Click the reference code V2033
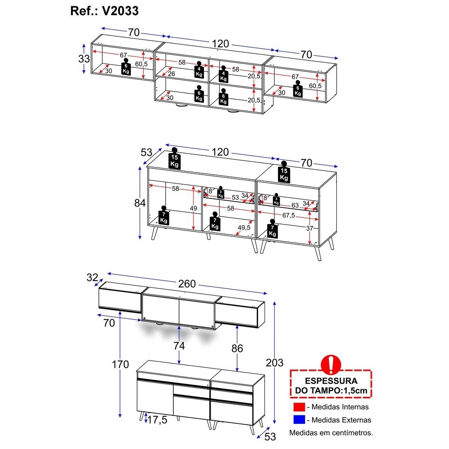(120, 11)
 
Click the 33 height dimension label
(84, 59)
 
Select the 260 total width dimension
(187, 284)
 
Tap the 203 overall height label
(274, 363)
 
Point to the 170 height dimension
(120, 365)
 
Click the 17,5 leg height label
(157, 420)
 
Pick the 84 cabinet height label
(140, 203)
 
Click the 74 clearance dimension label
(179, 346)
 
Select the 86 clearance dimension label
(237, 348)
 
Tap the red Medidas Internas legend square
(299, 407)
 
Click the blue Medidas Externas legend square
(299, 420)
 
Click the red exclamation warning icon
(331, 364)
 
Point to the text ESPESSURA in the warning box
(331, 381)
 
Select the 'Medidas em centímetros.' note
(331, 433)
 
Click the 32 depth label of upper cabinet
(92, 277)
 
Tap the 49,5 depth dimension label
(244, 227)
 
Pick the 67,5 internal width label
(289, 215)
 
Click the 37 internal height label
(309, 228)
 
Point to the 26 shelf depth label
(171, 74)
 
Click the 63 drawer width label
(295, 205)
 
